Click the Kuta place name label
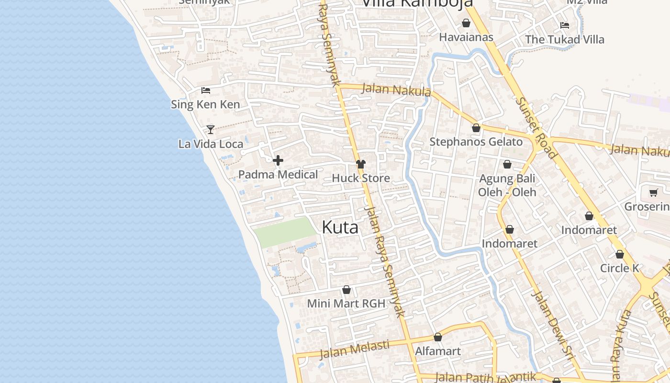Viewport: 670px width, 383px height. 340,227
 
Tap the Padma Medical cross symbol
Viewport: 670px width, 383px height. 278,160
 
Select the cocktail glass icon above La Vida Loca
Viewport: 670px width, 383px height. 210,129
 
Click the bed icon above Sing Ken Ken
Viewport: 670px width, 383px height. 206,90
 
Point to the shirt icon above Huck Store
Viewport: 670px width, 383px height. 361,164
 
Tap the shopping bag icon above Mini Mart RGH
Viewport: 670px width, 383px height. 346,290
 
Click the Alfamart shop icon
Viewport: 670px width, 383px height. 437,338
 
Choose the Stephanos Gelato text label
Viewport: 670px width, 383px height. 476,142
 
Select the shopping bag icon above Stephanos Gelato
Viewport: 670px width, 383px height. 476,128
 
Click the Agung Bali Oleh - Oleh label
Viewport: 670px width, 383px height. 507,185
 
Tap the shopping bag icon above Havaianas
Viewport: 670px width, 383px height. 466,23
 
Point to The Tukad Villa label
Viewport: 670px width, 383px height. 565,39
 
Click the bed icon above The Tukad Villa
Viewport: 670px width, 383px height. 565,25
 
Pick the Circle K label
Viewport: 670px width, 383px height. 620,268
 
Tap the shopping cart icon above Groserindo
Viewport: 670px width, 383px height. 654,193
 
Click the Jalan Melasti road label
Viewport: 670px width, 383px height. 354,349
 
